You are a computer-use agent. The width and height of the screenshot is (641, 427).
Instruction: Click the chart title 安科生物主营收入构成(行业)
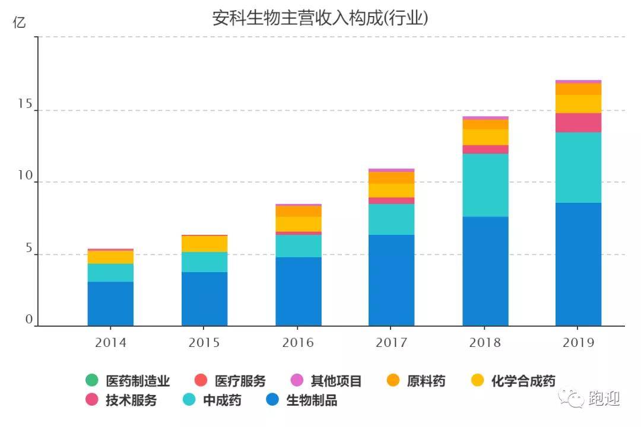click(320, 18)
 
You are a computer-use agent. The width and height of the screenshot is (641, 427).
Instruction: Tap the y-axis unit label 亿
click(19, 22)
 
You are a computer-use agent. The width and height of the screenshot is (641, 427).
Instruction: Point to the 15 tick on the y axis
click(25, 104)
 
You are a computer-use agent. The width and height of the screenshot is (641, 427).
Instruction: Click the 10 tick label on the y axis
click(25, 176)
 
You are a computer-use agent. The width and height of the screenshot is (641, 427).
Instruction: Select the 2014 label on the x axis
click(110, 342)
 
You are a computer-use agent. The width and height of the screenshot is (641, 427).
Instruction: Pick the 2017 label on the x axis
click(391, 342)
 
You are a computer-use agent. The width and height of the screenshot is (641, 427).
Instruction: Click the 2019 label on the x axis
click(578, 342)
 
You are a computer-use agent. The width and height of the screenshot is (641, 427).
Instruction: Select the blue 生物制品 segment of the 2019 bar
click(578, 265)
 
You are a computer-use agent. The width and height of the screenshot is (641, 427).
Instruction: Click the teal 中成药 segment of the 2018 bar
click(485, 185)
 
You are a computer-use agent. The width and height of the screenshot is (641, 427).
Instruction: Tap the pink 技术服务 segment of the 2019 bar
click(578, 123)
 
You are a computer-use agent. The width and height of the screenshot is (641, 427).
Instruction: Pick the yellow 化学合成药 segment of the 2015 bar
click(204, 244)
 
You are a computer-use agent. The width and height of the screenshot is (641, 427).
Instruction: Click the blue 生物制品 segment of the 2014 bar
click(110, 304)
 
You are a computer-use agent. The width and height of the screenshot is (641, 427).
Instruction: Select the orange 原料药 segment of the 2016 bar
click(299, 211)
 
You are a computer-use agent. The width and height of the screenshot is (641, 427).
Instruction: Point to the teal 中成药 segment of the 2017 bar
click(391, 219)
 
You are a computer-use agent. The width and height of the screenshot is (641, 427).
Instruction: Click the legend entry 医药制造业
click(128, 381)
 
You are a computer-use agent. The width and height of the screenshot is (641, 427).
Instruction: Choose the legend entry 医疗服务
click(230, 381)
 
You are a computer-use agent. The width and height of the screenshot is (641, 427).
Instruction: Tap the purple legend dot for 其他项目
click(297, 380)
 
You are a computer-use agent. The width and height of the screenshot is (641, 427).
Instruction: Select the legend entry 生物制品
click(302, 400)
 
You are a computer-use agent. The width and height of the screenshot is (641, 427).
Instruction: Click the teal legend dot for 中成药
click(189, 399)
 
